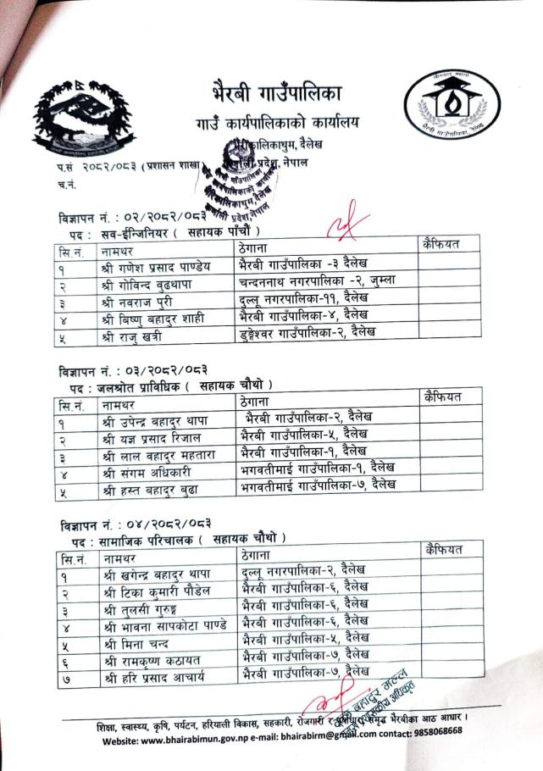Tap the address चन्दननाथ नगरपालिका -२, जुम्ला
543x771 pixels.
tap(318, 280)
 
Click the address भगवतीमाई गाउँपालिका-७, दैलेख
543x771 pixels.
tap(319, 484)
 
